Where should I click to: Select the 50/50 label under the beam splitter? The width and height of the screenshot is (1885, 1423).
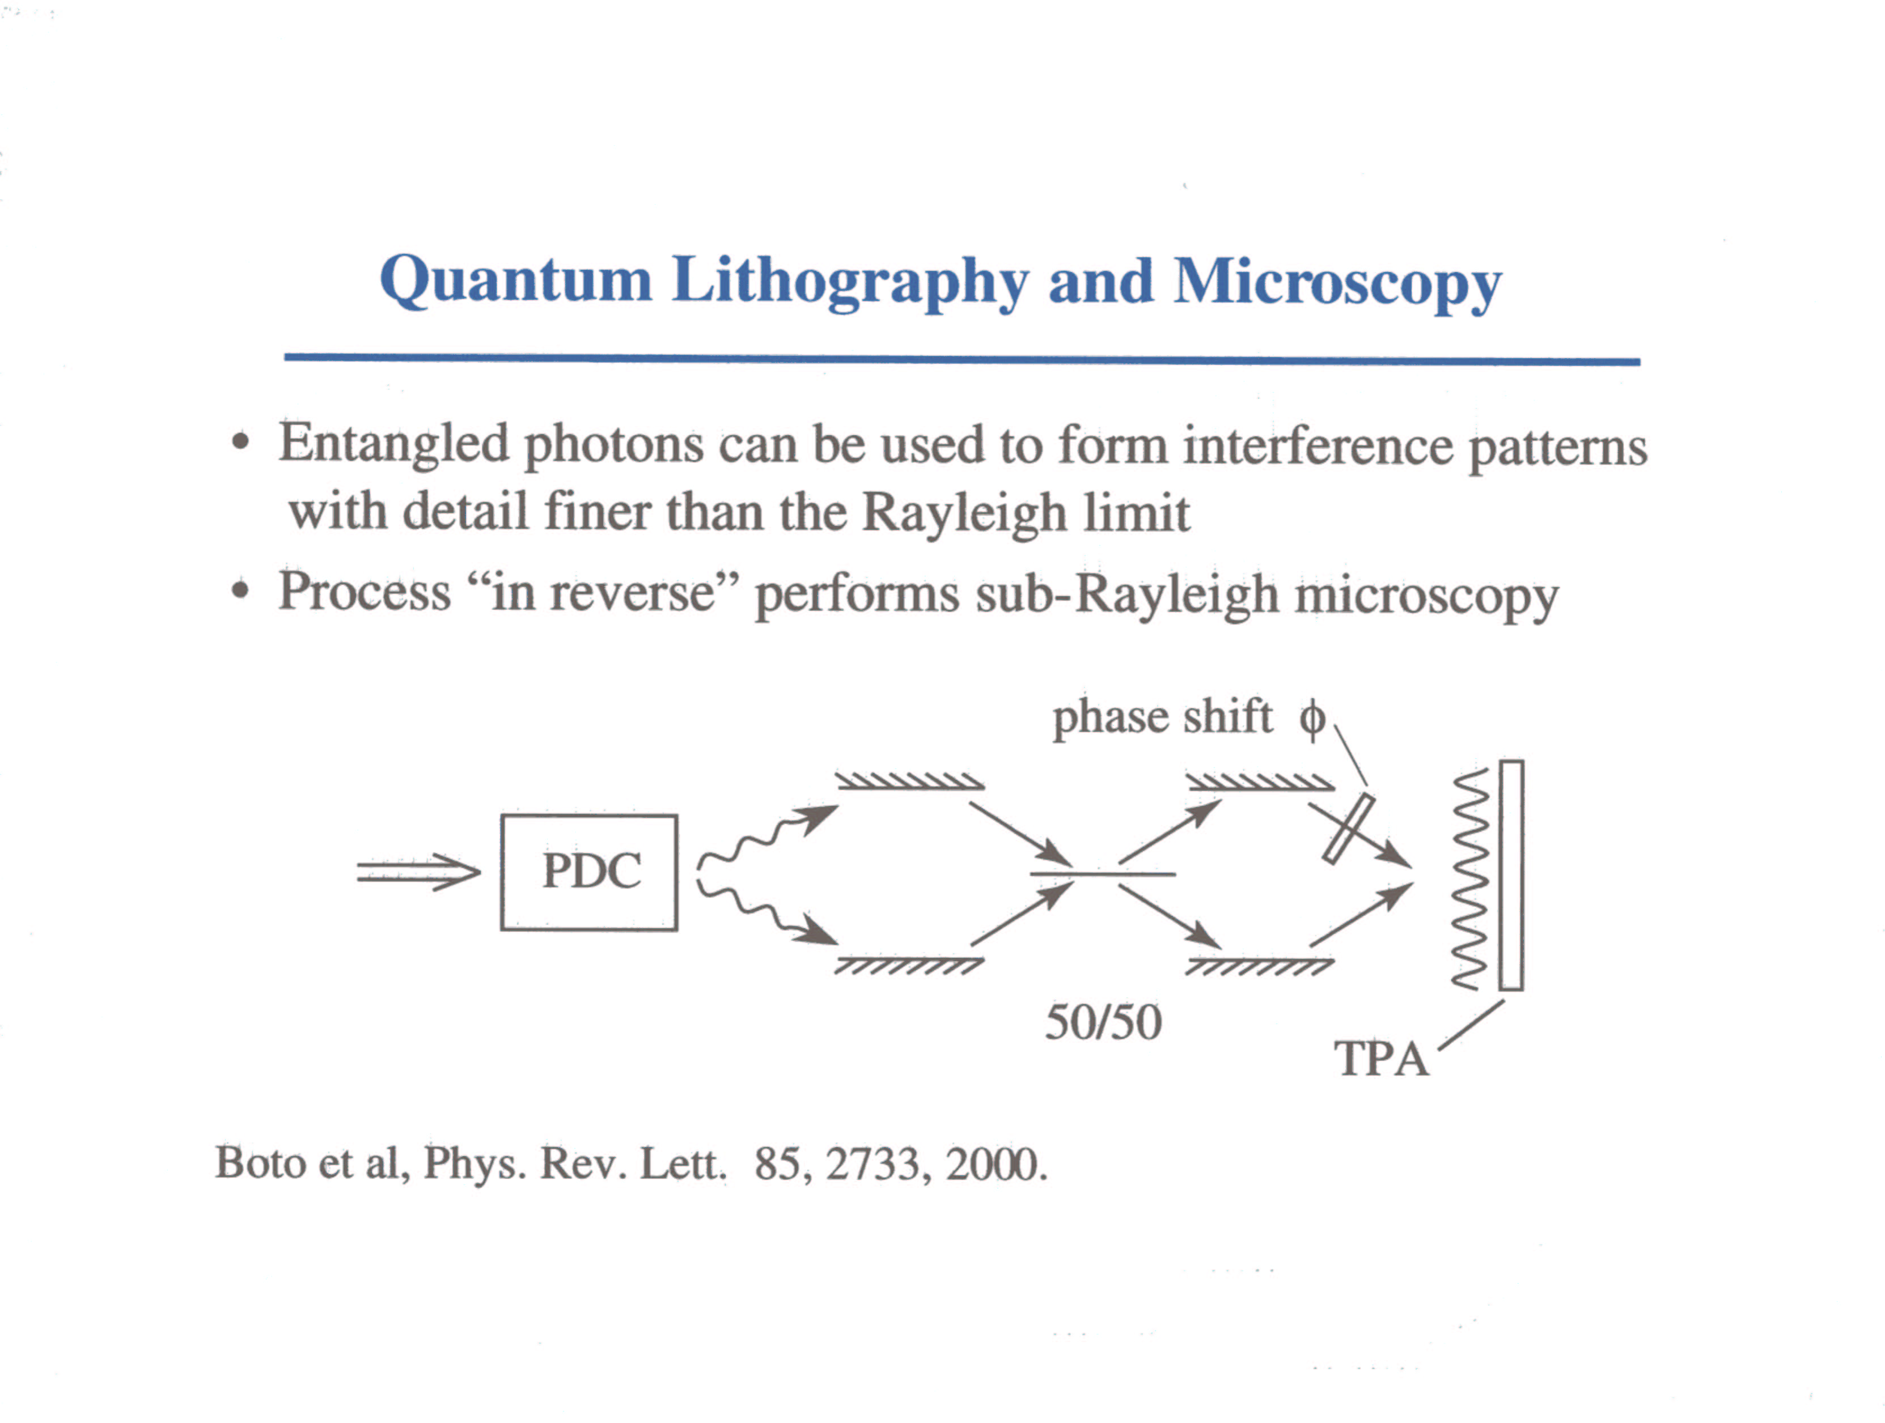[x=1104, y=1022]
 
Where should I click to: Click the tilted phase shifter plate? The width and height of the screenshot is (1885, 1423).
[x=1348, y=828]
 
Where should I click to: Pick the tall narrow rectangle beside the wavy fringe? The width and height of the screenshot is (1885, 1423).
[x=1511, y=875]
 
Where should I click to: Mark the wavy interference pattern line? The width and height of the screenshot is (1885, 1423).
[x=1470, y=880]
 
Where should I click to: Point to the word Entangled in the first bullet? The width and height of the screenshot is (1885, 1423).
[x=393, y=445]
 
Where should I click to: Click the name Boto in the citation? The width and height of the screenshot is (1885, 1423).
[x=260, y=1162]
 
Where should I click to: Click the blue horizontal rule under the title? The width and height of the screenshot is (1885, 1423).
[x=962, y=359]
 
